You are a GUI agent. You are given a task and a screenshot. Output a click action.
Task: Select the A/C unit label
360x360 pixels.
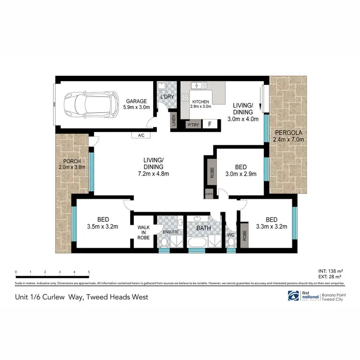coord(141,135)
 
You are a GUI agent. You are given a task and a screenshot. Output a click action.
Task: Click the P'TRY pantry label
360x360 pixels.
coord(193,125)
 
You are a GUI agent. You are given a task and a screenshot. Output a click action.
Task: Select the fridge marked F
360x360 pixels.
coord(209,125)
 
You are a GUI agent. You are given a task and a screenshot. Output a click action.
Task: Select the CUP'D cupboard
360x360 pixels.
coord(209,194)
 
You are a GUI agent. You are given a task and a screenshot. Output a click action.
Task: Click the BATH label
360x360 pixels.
coord(203,228)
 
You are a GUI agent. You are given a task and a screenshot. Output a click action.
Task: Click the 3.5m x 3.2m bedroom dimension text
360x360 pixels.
coord(103,227)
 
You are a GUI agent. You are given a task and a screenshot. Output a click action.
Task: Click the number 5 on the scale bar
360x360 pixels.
coord(88,272)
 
